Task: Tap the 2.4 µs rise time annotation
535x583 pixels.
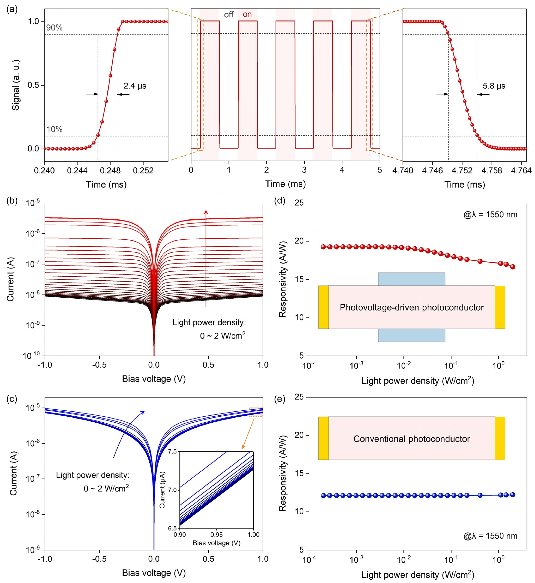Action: (135, 86)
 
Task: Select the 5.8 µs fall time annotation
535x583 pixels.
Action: (494, 86)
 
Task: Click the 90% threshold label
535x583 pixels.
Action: (54, 28)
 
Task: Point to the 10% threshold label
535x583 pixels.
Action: (54, 129)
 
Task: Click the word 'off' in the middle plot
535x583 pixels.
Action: (229, 15)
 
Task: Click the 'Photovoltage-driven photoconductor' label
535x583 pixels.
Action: (411, 307)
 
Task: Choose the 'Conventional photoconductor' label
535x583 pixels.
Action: (411, 439)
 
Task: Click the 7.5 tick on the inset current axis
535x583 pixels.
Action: (172, 452)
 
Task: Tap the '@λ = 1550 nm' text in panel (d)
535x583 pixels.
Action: (490, 215)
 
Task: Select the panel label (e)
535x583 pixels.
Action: (280, 399)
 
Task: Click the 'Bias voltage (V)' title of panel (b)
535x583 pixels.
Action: (154, 379)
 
